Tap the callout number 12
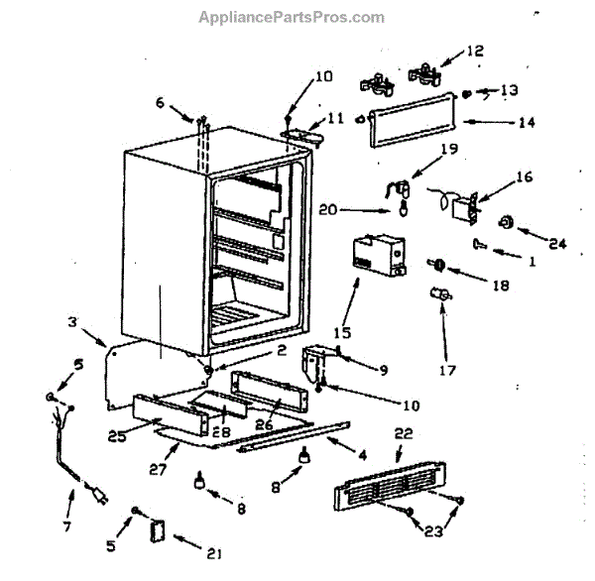point(476,50)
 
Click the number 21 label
point(199,540)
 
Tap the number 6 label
point(161,100)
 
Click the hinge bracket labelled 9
point(318,361)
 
